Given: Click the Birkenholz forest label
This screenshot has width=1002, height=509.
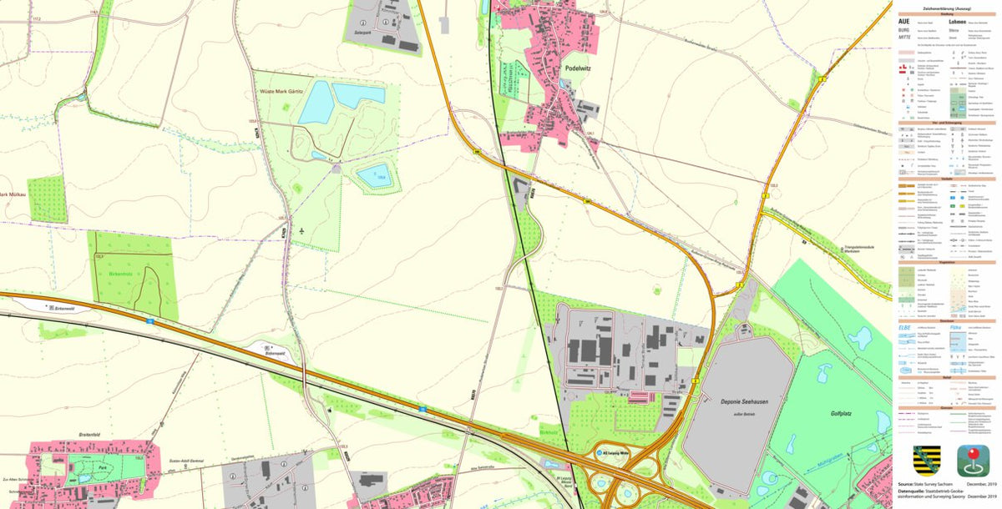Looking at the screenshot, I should [120, 273].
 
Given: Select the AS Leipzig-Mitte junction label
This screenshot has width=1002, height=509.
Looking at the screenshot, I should [620, 452].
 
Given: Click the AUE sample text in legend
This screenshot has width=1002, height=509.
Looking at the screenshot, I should [905, 21].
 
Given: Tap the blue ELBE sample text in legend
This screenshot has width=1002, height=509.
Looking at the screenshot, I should [904, 328].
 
